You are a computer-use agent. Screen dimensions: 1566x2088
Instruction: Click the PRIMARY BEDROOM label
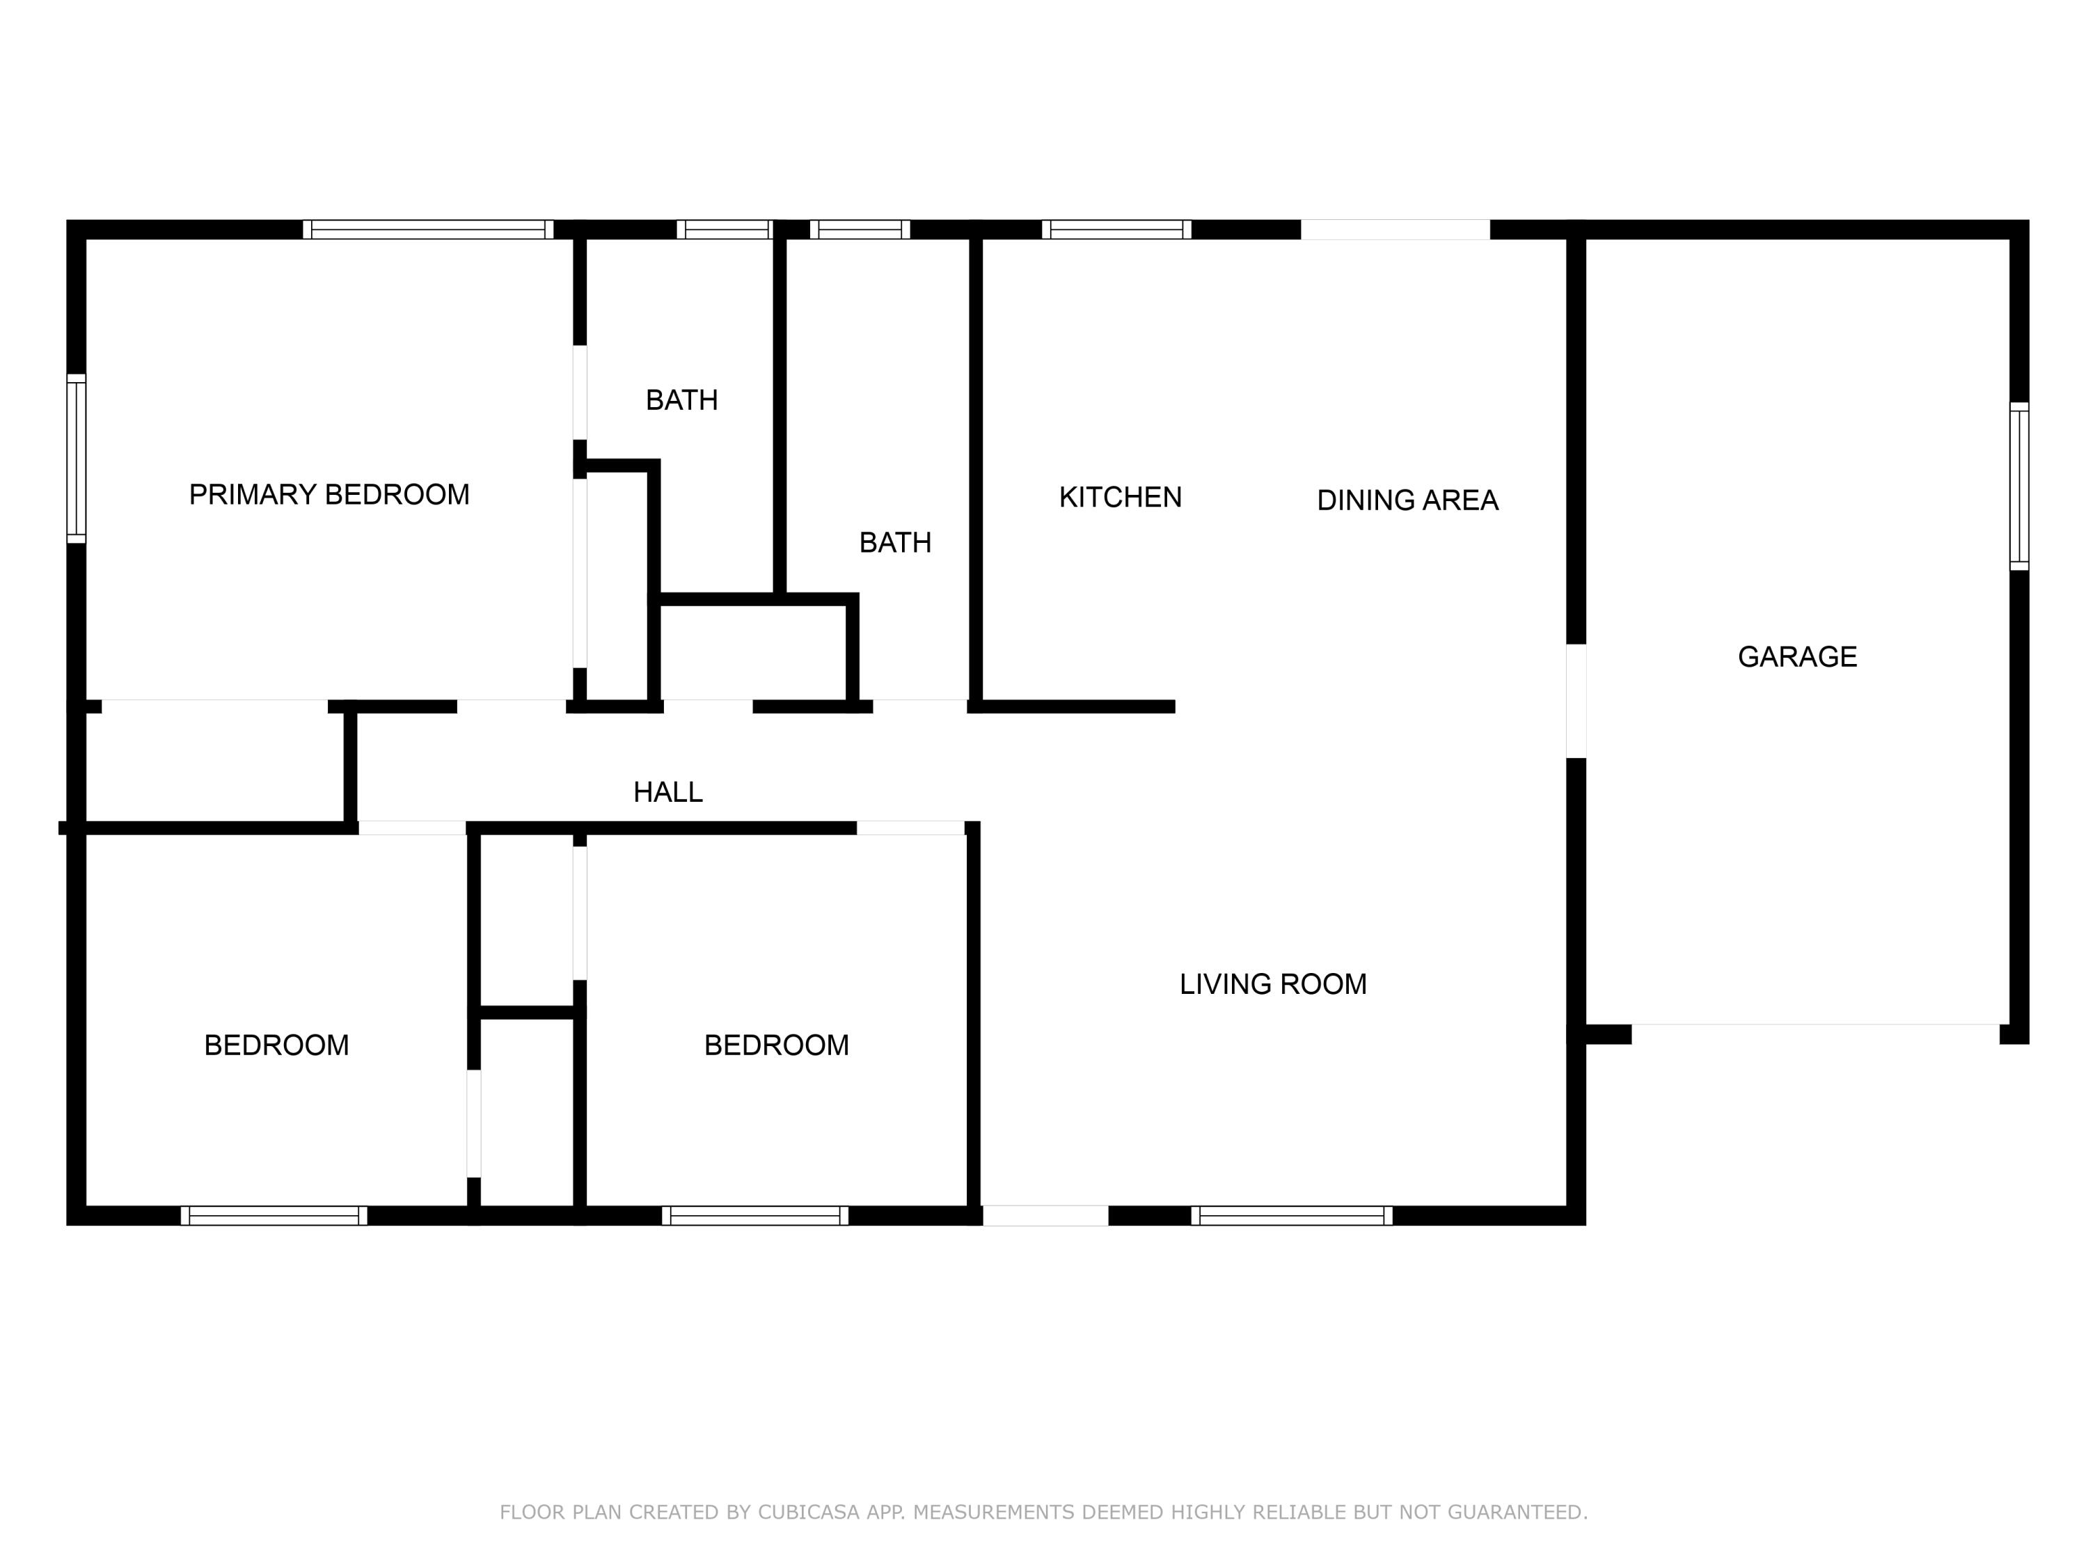(329, 495)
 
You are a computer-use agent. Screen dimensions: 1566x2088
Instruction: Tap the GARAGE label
(1797, 657)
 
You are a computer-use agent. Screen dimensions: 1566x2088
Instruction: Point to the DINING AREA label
(1407, 500)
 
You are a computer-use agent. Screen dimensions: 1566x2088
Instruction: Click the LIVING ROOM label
(1272, 985)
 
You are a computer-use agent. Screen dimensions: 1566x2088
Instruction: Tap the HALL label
(667, 792)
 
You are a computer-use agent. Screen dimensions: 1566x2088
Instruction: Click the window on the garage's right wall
(2019, 486)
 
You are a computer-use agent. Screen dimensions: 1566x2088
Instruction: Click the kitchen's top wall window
(1116, 230)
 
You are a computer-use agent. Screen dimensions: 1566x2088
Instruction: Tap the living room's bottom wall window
(1290, 1216)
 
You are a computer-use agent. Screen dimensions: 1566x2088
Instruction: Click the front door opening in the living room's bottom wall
(1045, 1216)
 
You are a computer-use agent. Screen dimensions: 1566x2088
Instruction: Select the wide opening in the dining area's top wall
(1395, 230)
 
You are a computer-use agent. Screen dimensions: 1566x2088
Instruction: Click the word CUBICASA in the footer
(809, 1512)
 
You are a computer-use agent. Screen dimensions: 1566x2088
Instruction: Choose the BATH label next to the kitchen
(895, 543)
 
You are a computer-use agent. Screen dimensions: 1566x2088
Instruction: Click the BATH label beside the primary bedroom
(681, 400)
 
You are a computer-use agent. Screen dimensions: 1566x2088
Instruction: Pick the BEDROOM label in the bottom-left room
(276, 1045)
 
